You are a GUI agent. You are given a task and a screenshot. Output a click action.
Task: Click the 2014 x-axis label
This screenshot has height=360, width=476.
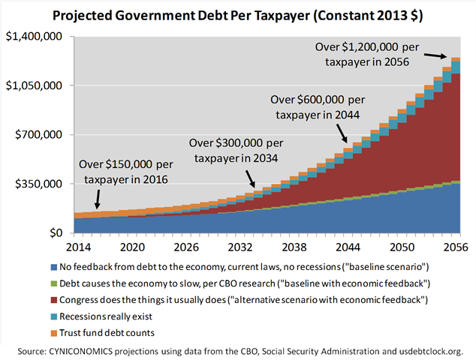pos(79,246)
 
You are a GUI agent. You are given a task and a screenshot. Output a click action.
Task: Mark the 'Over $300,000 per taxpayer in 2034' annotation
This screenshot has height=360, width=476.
pos(236,150)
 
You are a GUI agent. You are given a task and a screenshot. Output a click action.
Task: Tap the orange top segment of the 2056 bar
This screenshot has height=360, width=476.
pos(455,59)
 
